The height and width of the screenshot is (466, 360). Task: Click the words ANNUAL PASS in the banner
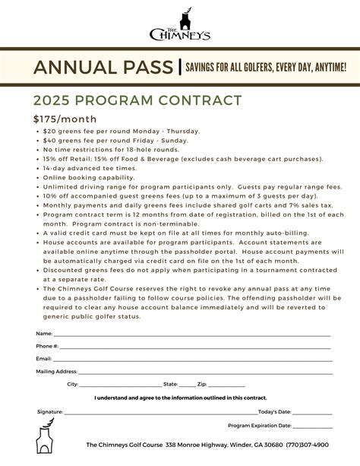[103, 68]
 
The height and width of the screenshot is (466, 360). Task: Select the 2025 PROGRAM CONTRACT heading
[137, 101]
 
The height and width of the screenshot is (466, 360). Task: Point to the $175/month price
[64, 119]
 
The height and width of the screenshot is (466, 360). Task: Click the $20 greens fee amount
[49, 132]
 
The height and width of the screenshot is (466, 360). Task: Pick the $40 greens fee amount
[49, 141]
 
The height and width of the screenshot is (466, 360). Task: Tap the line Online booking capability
[89, 177]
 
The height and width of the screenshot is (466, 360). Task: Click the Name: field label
[44, 334]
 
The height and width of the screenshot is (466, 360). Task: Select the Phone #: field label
[47, 346]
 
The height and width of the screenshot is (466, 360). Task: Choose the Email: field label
[44, 358]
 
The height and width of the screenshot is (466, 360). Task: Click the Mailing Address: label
[57, 372]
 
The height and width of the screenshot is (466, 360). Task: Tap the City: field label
[73, 385]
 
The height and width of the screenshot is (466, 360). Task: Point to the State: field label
[171, 385]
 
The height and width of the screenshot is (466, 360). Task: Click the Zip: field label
[202, 385]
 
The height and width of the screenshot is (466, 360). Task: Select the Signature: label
[50, 411]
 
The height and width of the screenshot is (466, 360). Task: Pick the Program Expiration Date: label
[259, 426]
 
